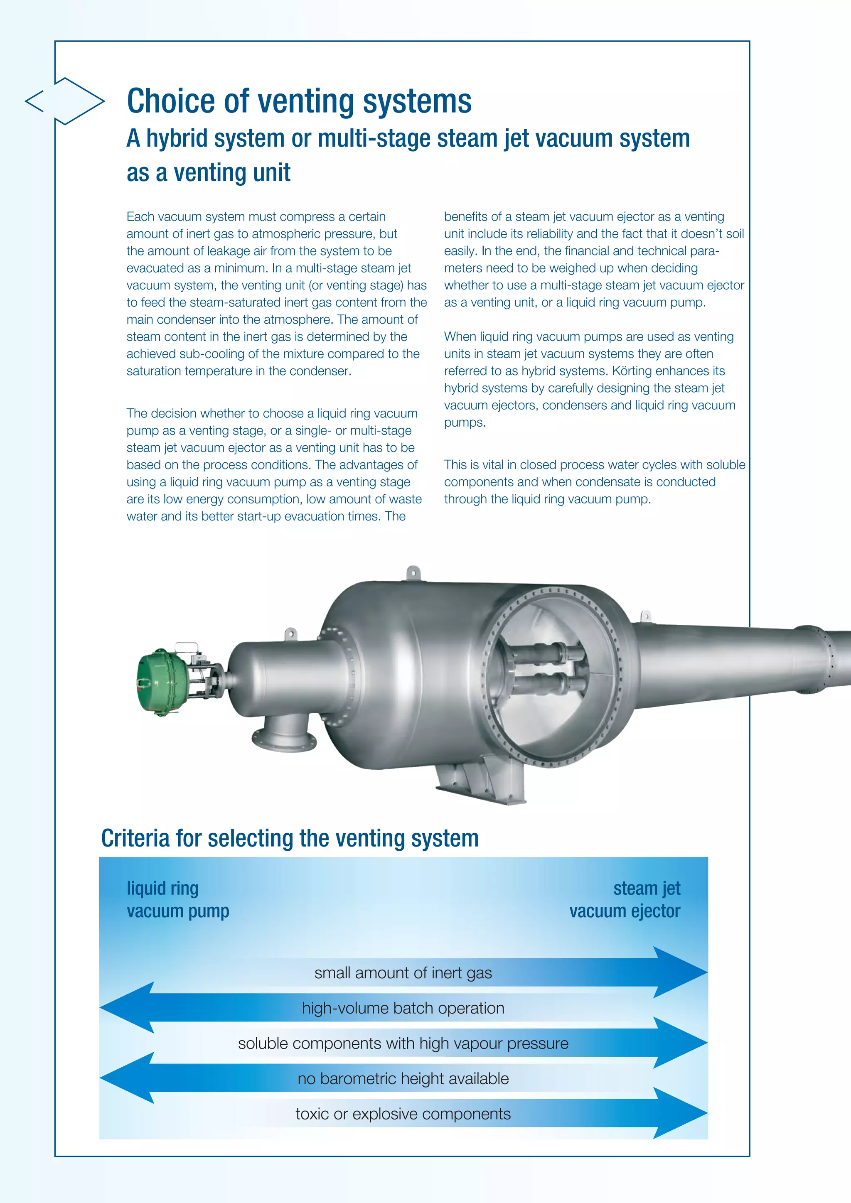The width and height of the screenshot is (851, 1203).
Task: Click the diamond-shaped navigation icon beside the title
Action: pos(64,101)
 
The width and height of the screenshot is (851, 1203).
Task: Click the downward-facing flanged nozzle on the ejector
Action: pos(285,736)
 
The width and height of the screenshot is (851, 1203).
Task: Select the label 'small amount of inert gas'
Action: pos(403,973)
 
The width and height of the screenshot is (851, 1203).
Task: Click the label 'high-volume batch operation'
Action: pos(403,1008)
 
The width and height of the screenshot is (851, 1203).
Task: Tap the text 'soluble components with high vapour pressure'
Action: pos(403,1043)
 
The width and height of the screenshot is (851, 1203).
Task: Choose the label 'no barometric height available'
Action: pos(403,1078)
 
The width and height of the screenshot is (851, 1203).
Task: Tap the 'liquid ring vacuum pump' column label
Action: pos(178,900)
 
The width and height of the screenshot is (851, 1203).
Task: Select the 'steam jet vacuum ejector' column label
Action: pos(625,900)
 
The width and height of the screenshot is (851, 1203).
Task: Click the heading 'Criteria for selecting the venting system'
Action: pos(290,838)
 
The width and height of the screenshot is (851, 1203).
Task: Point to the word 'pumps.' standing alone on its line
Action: pos(465,422)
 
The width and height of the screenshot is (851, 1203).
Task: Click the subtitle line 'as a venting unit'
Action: pos(208,172)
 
